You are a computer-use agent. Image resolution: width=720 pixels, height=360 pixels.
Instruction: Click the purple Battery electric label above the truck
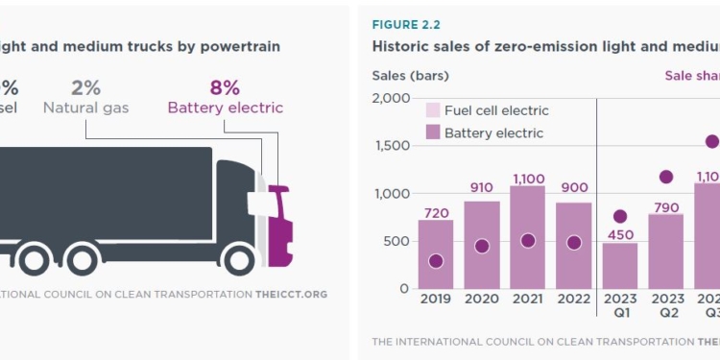[x=225, y=108]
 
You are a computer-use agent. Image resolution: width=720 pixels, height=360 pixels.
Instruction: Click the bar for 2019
[x=436, y=253]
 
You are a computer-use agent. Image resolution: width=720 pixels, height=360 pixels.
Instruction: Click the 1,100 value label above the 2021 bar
[x=528, y=178]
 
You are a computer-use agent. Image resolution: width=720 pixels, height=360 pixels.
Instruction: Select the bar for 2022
[x=574, y=245]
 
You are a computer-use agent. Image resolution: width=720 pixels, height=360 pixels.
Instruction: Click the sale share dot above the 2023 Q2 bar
[x=666, y=177]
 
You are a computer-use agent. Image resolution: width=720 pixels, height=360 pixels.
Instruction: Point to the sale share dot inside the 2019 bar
[x=436, y=261]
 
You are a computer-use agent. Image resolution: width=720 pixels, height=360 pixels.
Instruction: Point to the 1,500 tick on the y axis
[x=391, y=146]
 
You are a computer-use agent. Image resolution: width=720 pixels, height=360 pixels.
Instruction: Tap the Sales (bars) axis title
[x=410, y=76]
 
